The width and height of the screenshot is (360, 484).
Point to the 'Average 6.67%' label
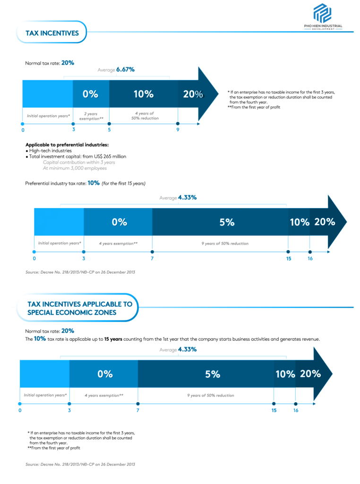click(x=116, y=69)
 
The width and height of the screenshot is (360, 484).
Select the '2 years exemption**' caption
click(x=91, y=116)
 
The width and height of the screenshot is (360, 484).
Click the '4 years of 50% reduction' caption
click(x=144, y=116)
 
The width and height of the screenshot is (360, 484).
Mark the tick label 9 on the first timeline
click(x=178, y=130)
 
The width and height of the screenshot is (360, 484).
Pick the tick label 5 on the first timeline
click(x=109, y=130)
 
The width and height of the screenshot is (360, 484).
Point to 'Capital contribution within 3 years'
click(x=79, y=162)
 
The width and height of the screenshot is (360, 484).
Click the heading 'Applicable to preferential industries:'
click(x=67, y=145)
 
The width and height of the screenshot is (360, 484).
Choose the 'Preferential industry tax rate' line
click(x=85, y=183)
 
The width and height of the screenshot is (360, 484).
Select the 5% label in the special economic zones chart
click(x=213, y=374)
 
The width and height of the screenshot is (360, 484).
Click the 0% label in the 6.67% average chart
click(x=90, y=94)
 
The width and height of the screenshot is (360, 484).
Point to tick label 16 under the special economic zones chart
click(x=296, y=410)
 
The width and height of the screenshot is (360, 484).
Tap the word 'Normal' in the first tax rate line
click(x=33, y=63)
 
